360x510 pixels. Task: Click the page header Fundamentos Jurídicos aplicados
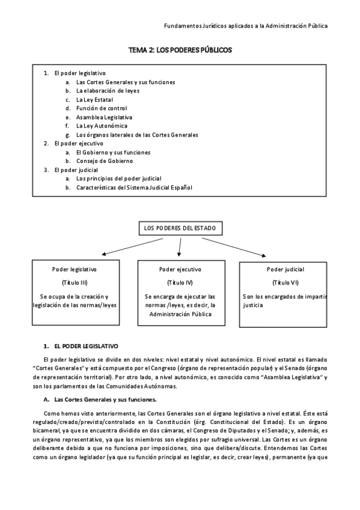click(246, 26)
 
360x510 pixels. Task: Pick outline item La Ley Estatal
click(94, 100)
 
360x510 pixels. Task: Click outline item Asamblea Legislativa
click(104, 117)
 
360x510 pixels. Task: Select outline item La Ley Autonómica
click(102, 126)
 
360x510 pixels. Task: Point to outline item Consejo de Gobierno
click(105, 161)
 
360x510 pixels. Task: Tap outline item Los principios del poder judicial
click(118, 179)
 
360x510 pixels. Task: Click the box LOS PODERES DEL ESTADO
click(180, 229)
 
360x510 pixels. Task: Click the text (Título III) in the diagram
click(75, 283)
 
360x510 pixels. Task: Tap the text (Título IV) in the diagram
click(180, 283)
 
